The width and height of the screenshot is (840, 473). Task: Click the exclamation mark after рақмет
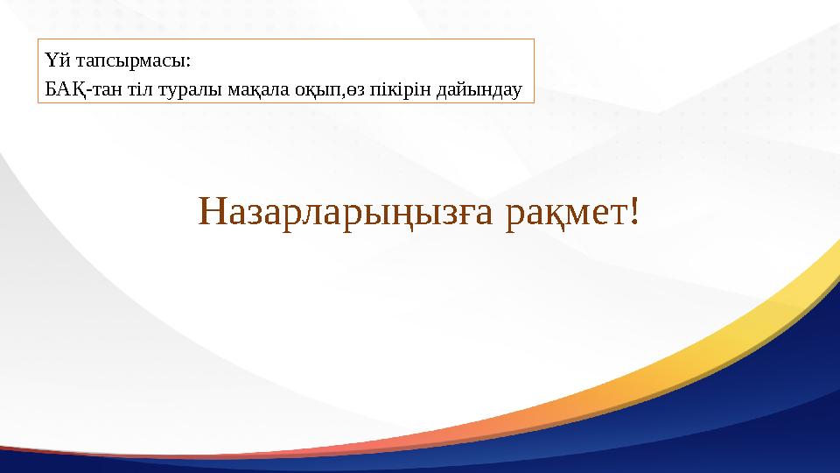[x=633, y=209]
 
